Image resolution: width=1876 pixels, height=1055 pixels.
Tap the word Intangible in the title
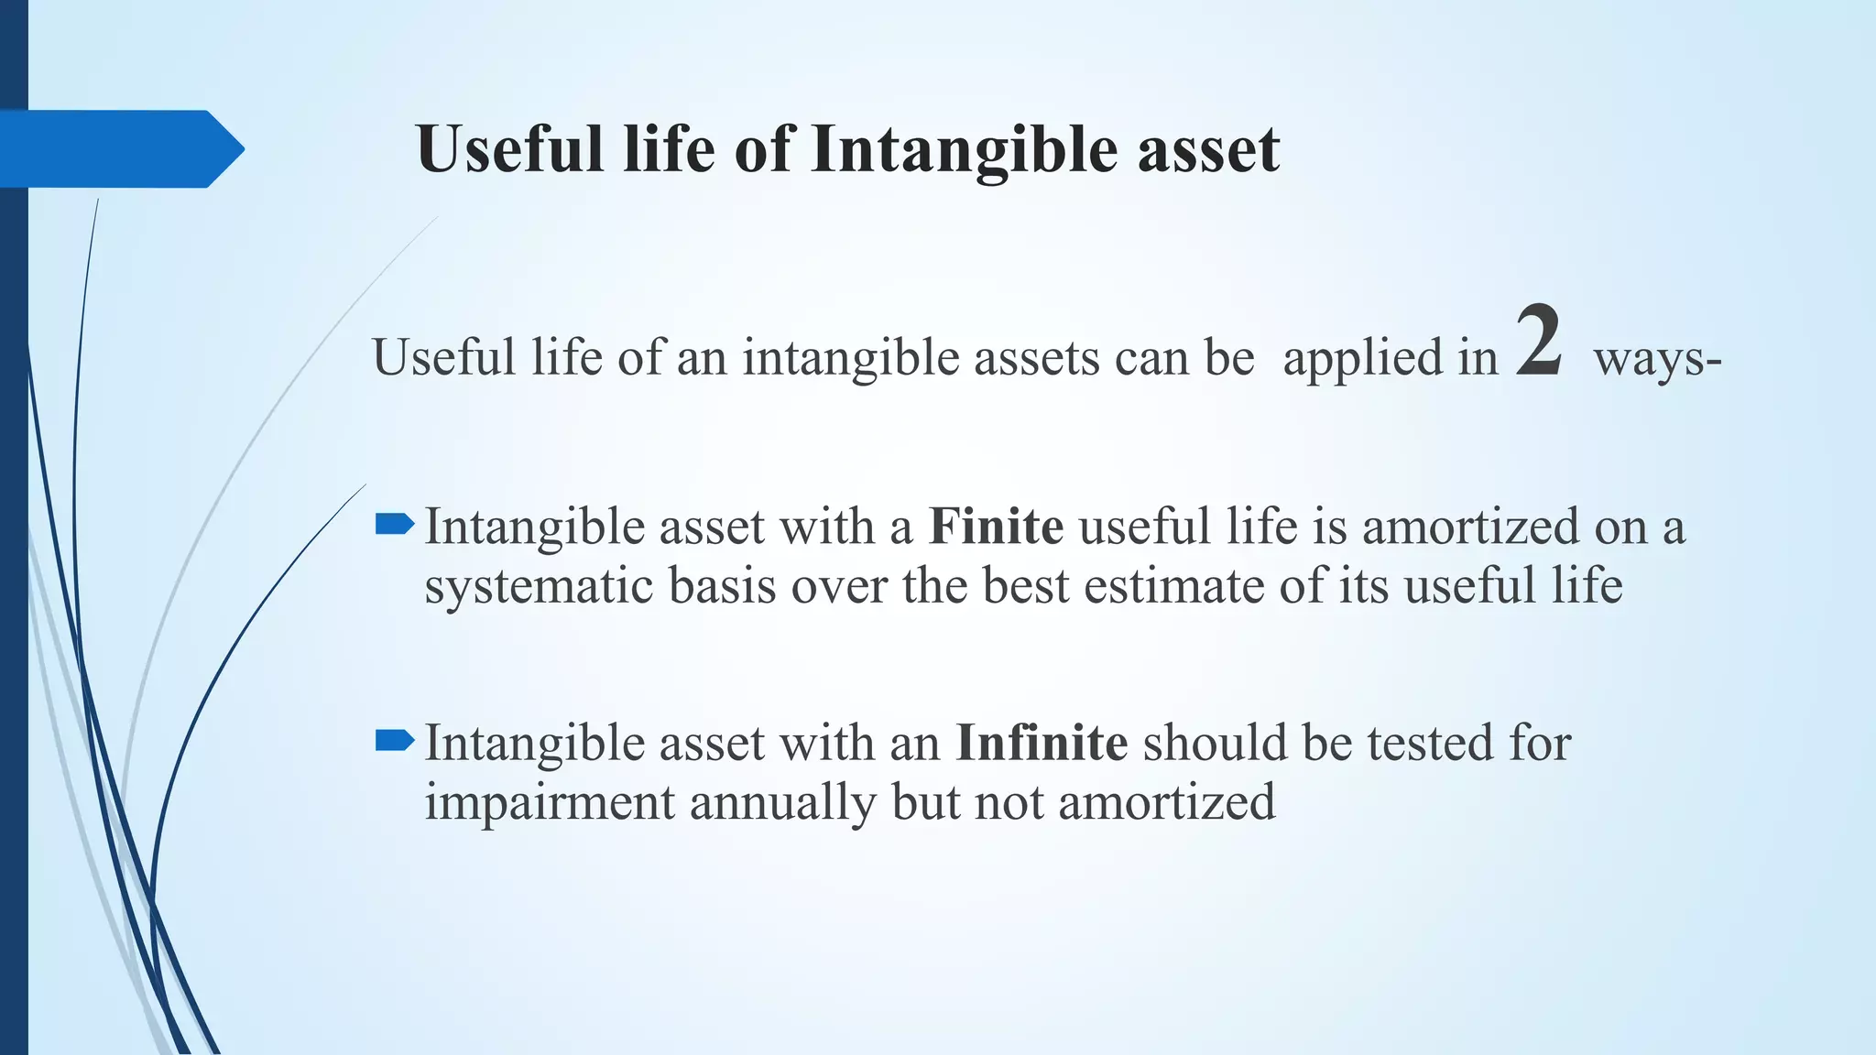click(x=964, y=149)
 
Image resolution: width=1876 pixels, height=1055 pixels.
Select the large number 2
click(x=1538, y=343)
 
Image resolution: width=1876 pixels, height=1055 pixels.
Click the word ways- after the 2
click(x=1657, y=358)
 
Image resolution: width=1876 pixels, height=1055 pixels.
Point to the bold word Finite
click(x=996, y=527)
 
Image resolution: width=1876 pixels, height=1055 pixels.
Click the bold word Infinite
click(x=1042, y=743)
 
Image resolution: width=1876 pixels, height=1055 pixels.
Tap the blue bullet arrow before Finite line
click(x=395, y=525)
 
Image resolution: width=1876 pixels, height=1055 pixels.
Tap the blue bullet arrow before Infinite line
click(x=395, y=740)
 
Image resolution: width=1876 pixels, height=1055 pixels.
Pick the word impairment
click(x=549, y=803)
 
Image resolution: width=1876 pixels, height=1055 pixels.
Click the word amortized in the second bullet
click(x=1166, y=803)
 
